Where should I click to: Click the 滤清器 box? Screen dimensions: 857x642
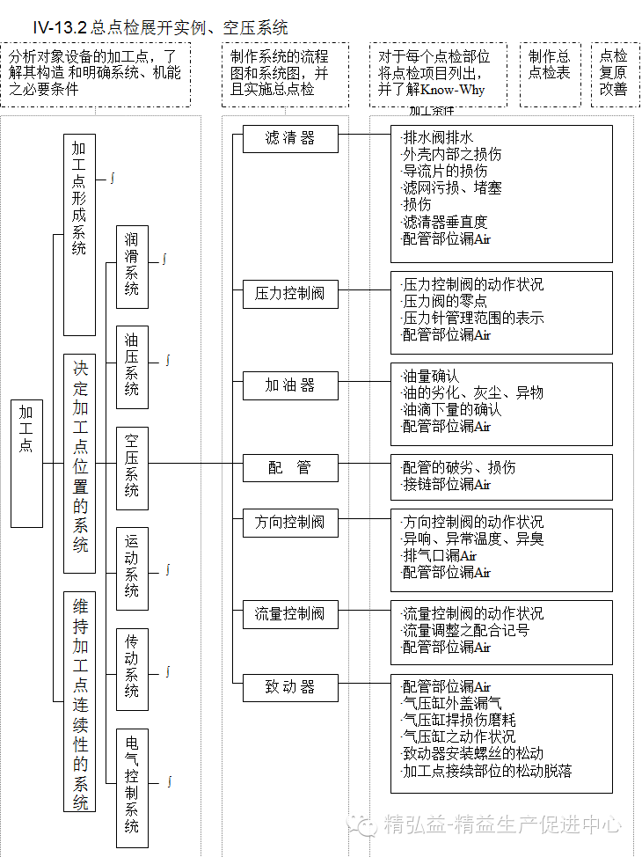point(290,138)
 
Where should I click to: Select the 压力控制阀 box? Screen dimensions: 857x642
point(290,294)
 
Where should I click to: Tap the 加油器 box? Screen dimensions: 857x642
point(290,385)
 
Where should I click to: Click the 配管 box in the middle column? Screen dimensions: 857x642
point(290,467)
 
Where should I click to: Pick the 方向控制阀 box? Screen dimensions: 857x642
point(290,522)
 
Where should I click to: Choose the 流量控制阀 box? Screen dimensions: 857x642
point(290,613)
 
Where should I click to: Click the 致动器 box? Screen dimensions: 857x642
point(290,686)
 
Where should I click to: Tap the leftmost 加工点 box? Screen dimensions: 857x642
point(26,463)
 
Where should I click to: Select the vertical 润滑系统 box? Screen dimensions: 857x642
point(132,266)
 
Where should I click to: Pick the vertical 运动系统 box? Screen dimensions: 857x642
point(132,568)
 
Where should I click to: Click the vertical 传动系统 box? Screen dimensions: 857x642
point(132,669)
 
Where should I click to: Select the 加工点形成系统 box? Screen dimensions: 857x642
point(79,234)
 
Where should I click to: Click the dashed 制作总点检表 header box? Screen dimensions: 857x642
point(550,74)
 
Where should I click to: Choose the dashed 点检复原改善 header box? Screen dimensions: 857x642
point(614,74)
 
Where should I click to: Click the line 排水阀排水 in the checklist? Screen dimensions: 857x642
point(438,137)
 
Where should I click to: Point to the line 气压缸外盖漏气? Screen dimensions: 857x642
point(452,703)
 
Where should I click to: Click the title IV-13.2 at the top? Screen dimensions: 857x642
point(62,28)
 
